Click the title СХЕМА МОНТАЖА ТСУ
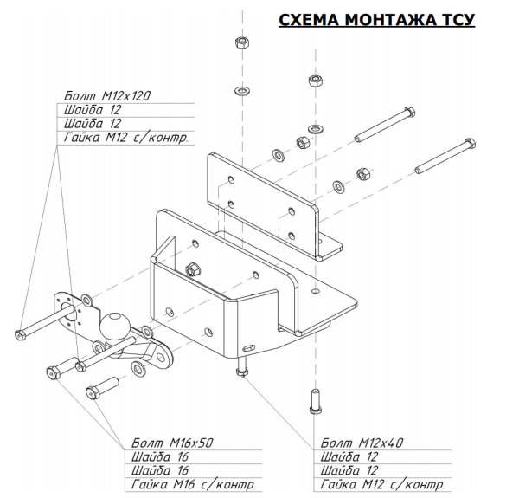tap(376, 19)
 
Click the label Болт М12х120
tap(108, 95)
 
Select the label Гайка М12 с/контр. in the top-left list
tap(126, 139)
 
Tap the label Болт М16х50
tap(170, 442)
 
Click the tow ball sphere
tap(117, 327)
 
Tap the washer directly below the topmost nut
tap(240, 90)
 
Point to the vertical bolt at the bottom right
tap(313, 404)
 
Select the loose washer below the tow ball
tap(138, 372)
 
